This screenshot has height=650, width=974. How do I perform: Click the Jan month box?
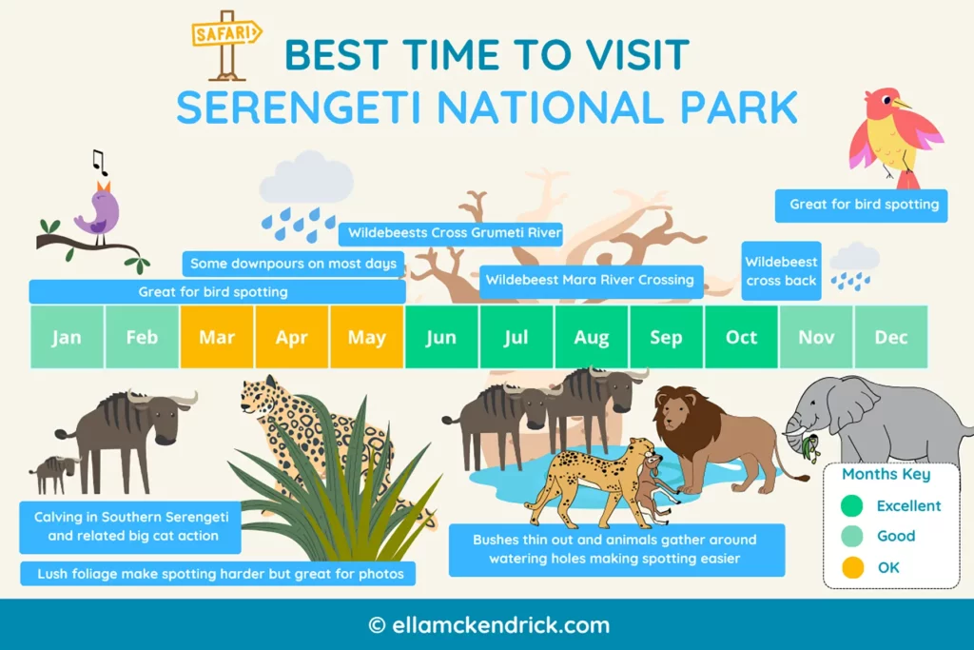tap(67, 337)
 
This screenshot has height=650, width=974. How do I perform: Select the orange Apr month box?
tap(292, 337)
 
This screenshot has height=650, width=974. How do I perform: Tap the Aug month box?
tap(592, 337)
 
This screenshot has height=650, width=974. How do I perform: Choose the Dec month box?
tap(891, 337)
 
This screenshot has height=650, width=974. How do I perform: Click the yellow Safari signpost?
tap(227, 43)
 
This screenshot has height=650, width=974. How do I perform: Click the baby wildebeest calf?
tap(54, 471)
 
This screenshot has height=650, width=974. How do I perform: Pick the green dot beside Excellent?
tap(852, 505)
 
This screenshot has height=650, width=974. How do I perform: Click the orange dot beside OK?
tap(852, 567)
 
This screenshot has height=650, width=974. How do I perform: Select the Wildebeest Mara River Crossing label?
tap(590, 280)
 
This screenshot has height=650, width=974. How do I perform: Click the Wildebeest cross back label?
tap(781, 271)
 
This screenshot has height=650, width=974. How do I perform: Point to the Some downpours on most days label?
tap(293, 264)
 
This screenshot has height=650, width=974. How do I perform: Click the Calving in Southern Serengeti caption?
tap(130, 526)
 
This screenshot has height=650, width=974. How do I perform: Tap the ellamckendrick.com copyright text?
tap(488, 625)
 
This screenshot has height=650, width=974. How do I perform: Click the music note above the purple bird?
tap(99, 161)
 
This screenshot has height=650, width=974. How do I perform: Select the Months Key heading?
tap(886, 474)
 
